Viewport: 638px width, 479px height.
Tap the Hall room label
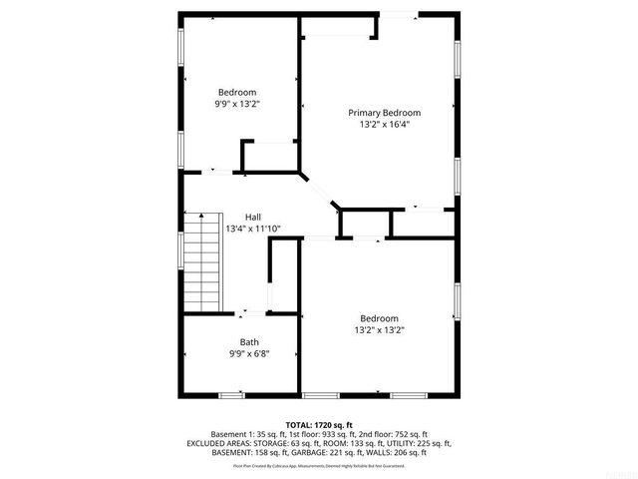[253, 217]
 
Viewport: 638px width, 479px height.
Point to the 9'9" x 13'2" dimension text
[237, 103]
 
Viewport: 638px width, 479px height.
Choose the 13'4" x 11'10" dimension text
[253, 229]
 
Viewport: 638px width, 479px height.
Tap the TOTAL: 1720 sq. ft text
[320, 424]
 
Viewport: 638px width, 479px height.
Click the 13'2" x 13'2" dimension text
[379, 329]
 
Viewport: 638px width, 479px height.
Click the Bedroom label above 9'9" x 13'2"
[237, 92]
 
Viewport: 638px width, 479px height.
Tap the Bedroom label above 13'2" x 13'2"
[379, 318]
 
